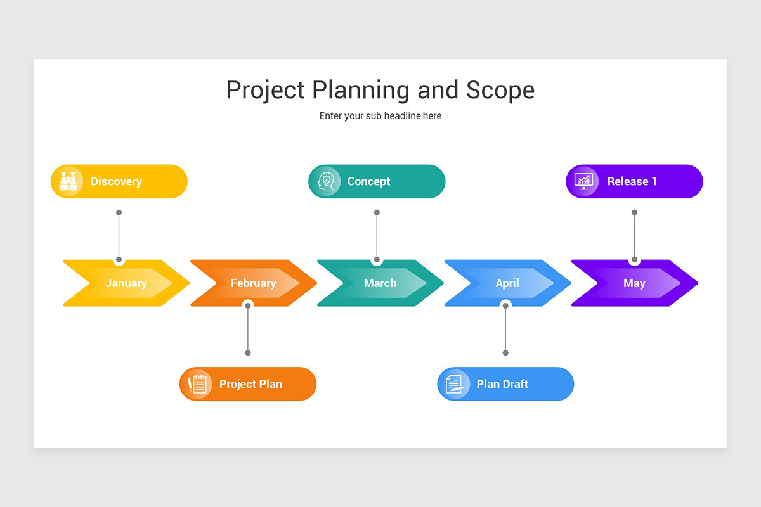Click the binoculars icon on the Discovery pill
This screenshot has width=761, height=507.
pos(68,181)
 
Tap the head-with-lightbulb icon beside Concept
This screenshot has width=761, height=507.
pos(326,181)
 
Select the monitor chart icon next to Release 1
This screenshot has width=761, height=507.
pos(583,181)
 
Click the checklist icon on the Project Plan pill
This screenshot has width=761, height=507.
pos(197,384)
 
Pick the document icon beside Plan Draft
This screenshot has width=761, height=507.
pos(454,384)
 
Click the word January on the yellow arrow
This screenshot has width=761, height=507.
pos(126,283)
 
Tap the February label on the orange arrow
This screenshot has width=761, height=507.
pos(253,283)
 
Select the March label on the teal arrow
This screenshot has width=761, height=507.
pos(380,283)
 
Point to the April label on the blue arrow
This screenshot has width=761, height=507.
pos(507,283)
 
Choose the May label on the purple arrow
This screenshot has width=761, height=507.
pos(634,283)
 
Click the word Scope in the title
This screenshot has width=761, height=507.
pos(500,90)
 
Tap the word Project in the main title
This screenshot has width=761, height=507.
pos(266,90)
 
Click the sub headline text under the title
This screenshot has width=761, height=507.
pos(380,116)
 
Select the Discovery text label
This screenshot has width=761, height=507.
pos(116,181)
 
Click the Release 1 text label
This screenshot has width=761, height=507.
pos(632,181)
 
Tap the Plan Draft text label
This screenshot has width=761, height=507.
pos(502,384)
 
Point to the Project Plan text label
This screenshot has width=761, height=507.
pos(250,384)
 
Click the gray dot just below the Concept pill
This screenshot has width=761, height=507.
pos(377,213)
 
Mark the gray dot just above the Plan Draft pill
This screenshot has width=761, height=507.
pos(505,353)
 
